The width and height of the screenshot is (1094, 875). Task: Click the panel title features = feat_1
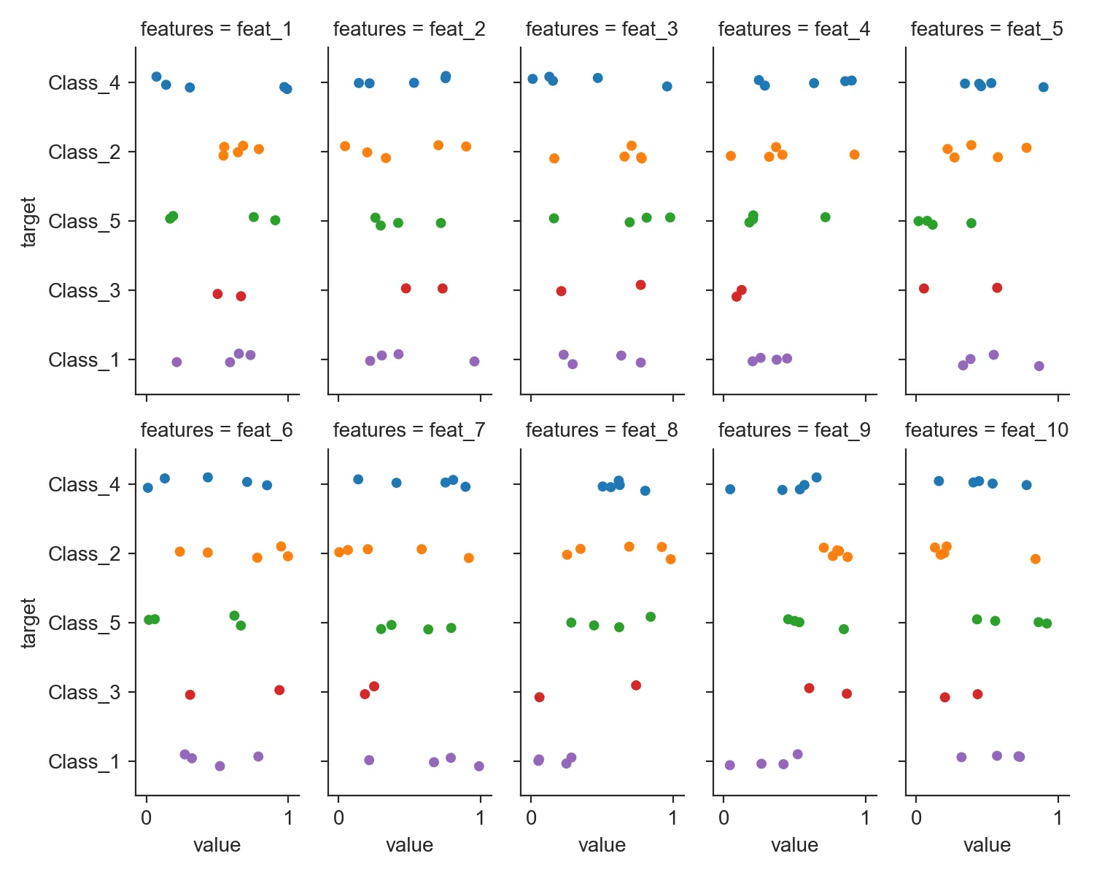216,29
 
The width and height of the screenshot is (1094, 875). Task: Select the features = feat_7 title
408,430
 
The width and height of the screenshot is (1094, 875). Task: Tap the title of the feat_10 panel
986,430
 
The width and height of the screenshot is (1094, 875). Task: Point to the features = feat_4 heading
794,29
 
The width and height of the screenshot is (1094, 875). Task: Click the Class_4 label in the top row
84,82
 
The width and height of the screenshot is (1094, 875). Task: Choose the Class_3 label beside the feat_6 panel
84,692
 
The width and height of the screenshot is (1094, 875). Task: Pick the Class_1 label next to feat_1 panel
84,360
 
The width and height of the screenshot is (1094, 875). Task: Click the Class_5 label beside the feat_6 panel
84,623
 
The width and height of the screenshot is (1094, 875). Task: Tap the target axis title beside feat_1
28,222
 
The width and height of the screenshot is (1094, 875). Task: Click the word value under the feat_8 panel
602,845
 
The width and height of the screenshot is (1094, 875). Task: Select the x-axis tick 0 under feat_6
147,817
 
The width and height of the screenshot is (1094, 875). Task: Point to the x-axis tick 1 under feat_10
1058,817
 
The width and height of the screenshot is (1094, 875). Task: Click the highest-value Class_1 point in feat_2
474,362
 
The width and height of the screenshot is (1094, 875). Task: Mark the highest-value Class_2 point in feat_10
1035,559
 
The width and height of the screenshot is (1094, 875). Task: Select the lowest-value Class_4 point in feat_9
730,489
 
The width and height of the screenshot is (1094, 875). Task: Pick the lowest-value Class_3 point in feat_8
539,697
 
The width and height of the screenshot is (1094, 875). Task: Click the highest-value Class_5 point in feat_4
825,217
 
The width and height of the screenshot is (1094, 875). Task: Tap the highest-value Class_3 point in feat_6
279,690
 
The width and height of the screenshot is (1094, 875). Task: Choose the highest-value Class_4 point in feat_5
1043,87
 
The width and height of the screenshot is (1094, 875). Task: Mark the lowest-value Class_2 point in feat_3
554,158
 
